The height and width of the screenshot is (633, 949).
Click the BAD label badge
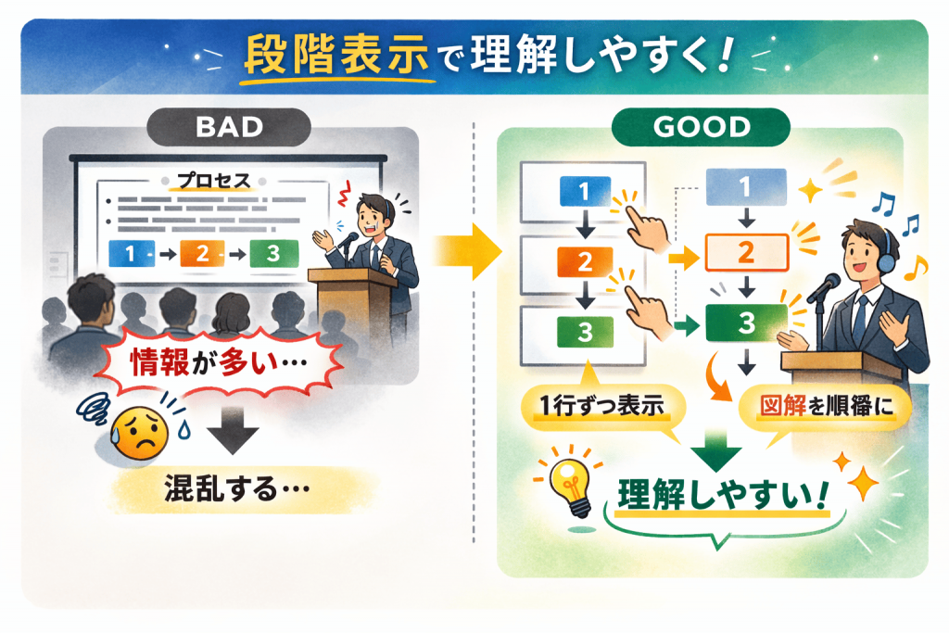point(229,127)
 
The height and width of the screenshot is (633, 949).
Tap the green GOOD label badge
point(701,127)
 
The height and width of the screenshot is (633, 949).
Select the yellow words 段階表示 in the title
point(336,57)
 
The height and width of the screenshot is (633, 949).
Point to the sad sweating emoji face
point(141,432)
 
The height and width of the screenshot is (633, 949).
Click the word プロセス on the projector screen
point(214,181)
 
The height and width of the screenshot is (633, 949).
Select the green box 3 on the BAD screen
point(274,254)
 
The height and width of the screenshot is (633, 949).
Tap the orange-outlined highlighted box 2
point(747,252)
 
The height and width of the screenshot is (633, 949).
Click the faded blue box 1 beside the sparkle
point(746,187)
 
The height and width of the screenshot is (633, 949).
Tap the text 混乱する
point(237,488)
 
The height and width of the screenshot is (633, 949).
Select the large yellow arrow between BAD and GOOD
point(467,252)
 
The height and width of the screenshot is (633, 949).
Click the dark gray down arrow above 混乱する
point(233,430)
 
